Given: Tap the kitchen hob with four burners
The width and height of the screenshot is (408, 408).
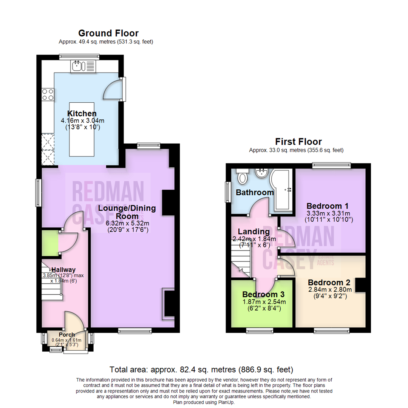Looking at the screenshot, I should (x=48, y=94).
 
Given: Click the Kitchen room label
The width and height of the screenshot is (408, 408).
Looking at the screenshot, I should (x=82, y=113).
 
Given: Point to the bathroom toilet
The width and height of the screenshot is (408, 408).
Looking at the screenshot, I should (x=241, y=176).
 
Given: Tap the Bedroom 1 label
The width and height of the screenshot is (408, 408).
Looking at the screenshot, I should (x=327, y=206).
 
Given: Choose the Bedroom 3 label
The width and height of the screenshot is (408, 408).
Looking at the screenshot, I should (x=263, y=294).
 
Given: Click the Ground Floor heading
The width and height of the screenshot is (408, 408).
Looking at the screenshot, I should (x=108, y=33).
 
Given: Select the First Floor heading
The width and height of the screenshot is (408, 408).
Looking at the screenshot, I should (x=298, y=142).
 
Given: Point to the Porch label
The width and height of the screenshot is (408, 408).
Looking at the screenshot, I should (x=66, y=335).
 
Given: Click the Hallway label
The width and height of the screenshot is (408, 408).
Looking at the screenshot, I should (x=63, y=269).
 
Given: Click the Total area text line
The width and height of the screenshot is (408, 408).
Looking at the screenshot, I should (x=201, y=369).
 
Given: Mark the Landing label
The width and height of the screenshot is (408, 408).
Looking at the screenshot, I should (x=253, y=232).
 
